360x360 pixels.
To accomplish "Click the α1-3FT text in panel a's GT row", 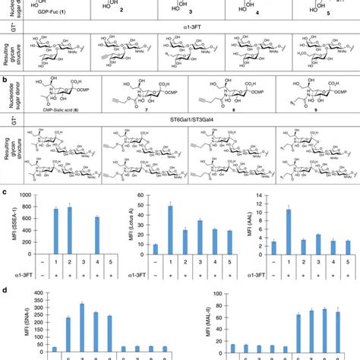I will (x=191, y=29).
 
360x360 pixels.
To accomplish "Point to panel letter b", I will (x=5, y=79).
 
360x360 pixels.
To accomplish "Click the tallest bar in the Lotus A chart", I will (x=170, y=231).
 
